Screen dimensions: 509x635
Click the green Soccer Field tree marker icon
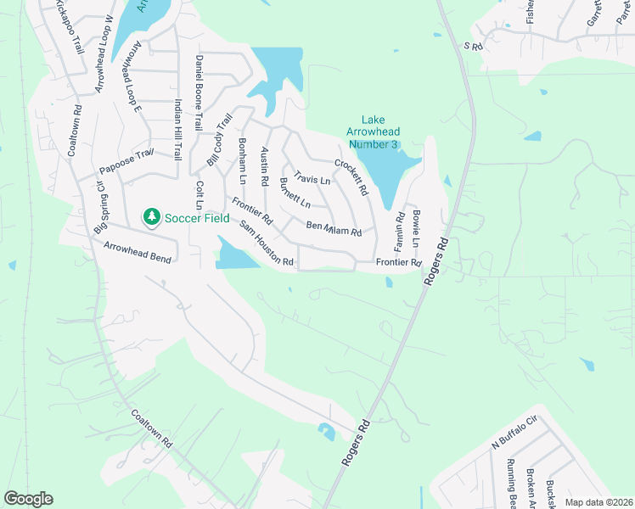tap(152, 217)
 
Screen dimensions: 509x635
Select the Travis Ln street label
tap(312, 180)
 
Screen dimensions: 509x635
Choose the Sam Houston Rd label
tap(267, 244)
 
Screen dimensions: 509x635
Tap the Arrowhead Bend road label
tap(138, 252)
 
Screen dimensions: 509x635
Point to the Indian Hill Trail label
tap(178, 131)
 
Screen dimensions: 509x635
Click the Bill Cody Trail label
tap(220, 141)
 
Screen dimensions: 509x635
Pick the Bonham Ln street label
tap(242, 162)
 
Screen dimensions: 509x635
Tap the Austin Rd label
tap(264, 166)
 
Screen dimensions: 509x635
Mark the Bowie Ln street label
tap(416, 228)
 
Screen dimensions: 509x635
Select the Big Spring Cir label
tap(99, 207)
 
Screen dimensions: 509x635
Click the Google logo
tap(29, 498)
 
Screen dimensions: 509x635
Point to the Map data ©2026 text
tap(598, 502)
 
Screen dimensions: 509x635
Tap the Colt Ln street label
tap(199, 196)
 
